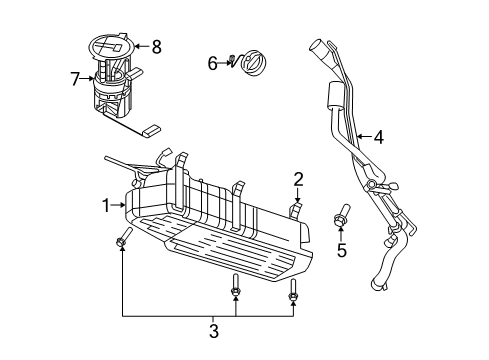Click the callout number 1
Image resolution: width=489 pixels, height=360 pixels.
click(x=106, y=205)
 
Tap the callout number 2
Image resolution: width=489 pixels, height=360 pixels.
click(x=298, y=179)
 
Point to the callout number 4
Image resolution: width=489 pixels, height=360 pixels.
click(x=379, y=138)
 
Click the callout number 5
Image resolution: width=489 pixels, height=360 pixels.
click(x=342, y=250)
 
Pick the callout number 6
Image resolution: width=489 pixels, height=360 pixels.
click(x=212, y=64)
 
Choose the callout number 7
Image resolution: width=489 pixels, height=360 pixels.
click(x=75, y=77)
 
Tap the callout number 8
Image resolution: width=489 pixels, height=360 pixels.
click(x=155, y=45)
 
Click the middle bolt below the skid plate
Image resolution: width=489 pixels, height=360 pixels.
click(x=235, y=287)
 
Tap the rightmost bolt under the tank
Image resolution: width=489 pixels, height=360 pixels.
click(x=293, y=290)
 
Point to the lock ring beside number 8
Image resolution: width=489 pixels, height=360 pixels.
click(x=108, y=45)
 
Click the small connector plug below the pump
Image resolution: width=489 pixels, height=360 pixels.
click(x=152, y=129)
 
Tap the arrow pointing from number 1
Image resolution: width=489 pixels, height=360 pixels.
click(x=120, y=205)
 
